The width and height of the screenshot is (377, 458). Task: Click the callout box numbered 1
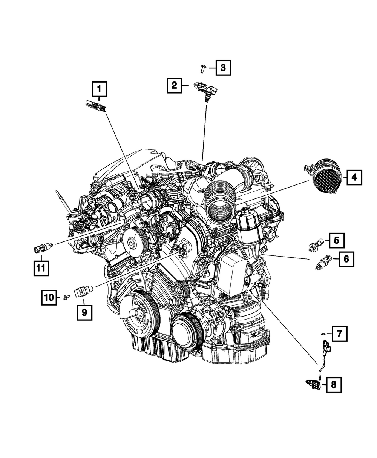coord(99,89)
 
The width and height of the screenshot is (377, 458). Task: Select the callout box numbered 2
coord(175,86)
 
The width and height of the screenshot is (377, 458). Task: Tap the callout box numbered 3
coord(223,68)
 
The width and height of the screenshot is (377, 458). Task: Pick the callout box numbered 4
coord(354,177)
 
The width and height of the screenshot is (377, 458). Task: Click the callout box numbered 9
coord(84,312)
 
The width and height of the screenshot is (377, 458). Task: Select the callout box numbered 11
coord(40,268)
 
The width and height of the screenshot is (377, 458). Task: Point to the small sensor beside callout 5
coord(315,245)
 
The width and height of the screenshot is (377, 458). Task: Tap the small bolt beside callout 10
coord(66,298)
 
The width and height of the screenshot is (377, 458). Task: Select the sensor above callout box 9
coord(84,292)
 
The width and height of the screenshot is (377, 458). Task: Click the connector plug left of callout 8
coord(313,385)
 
